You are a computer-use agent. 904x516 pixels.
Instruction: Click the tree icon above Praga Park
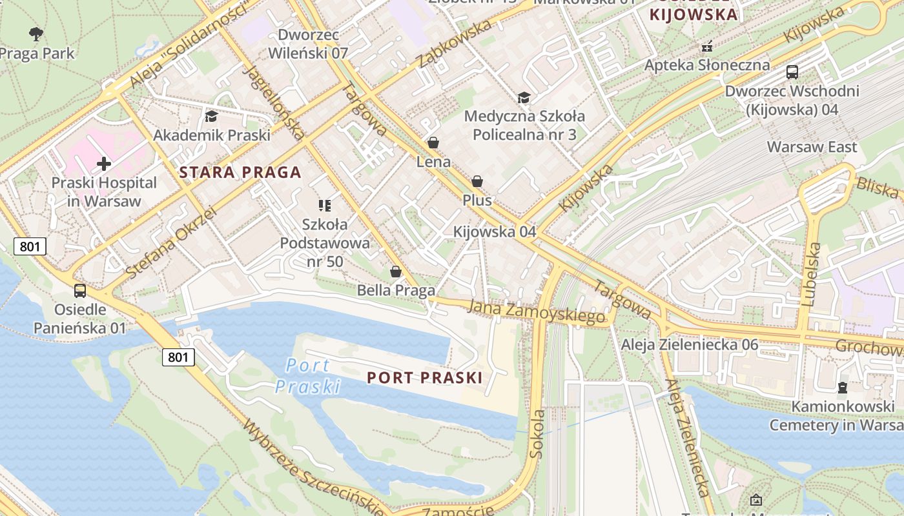(36, 33)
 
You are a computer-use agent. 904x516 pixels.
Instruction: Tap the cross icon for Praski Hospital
(103, 164)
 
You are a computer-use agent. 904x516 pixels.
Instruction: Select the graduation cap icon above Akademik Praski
(211, 117)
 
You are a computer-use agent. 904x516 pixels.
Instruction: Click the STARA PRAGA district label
(240, 172)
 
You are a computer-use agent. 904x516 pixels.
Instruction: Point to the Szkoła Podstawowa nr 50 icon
(324, 206)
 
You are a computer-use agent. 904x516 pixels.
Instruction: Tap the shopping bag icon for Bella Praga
(396, 272)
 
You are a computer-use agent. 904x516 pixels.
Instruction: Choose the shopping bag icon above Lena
(433, 143)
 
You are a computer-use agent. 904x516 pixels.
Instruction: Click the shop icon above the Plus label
(477, 182)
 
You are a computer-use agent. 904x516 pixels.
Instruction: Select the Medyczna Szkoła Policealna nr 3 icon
(524, 97)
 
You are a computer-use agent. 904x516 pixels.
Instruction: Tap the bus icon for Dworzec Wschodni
(792, 72)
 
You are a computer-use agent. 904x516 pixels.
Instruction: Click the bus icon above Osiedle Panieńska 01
(80, 291)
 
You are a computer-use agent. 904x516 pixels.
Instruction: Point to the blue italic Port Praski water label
(308, 376)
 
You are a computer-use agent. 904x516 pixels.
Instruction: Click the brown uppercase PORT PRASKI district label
(424, 378)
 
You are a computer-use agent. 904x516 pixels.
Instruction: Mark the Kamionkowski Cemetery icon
(843, 388)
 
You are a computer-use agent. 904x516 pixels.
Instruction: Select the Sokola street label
(537, 433)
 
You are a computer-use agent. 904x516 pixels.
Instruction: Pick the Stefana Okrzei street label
(170, 243)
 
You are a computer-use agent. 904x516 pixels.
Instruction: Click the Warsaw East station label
(812, 147)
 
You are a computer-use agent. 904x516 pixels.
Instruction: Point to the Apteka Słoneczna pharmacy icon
(707, 46)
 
